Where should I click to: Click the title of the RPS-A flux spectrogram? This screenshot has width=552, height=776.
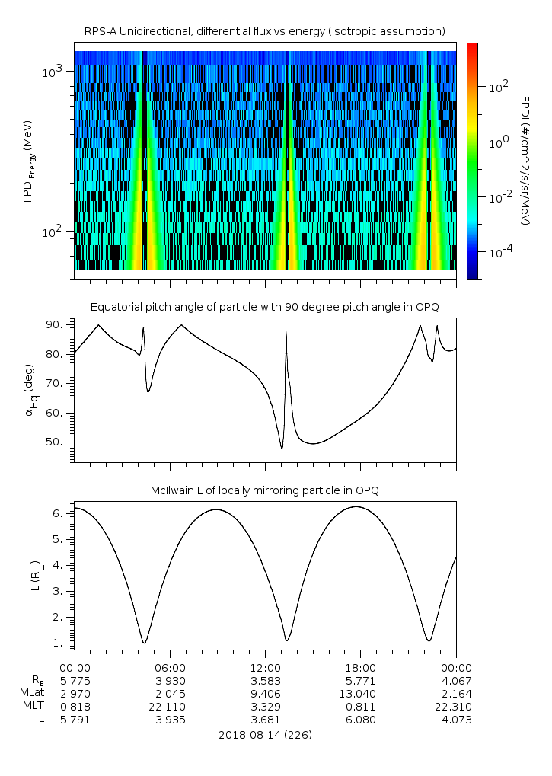coord(264,31)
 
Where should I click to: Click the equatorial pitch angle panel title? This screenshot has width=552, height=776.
coord(264,307)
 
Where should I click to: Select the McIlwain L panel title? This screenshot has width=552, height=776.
coord(264,490)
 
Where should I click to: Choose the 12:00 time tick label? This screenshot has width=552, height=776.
coord(265,667)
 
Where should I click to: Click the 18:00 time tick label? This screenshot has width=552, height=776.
coord(360,667)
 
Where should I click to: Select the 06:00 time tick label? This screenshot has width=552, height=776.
coord(170,667)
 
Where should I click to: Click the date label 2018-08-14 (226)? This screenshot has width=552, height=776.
coord(264,735)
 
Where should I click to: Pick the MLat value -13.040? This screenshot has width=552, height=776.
coord(360,693)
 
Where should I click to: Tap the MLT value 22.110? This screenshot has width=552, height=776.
coord(170,706)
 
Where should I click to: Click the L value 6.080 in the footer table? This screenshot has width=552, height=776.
coord(360,719)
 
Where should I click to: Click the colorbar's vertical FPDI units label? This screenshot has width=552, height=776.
coord(525,161)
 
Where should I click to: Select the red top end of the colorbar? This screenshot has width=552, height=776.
coord(472,47)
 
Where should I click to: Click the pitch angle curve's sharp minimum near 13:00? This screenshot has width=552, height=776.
coord(282,448)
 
